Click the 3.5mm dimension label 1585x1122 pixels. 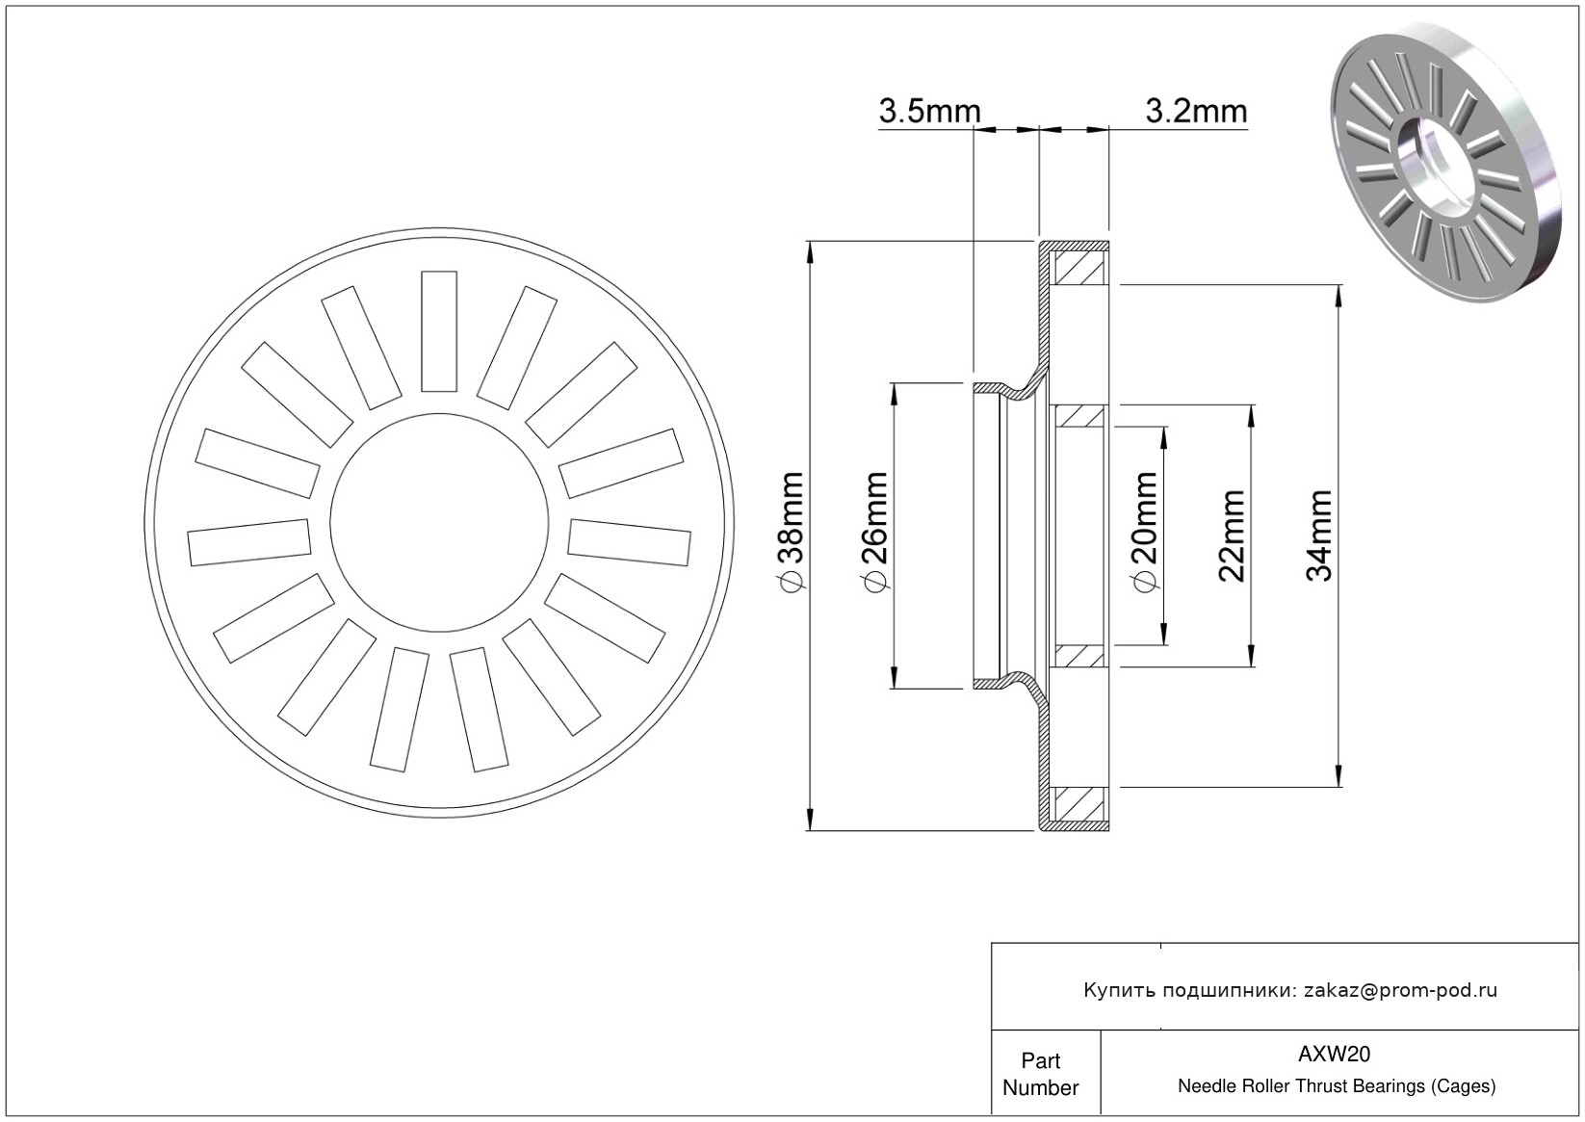[x=929, y=111]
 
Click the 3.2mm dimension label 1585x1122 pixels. [x=1196, y=111]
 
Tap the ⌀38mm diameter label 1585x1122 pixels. [x=792, y=531]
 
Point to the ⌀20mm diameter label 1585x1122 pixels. [x=1144, y=531]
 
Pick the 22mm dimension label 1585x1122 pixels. [x=1232, y=535]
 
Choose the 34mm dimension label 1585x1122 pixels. [x=1319, y=535]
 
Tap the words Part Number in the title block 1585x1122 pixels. [x=1040, y=1073]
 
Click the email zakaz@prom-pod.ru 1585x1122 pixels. [x=1400, y=990]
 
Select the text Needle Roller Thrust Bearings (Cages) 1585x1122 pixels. [x=1337, y=1086]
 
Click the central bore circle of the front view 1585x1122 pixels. [x=439, y=413]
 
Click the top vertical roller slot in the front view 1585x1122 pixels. [x=439, y=331]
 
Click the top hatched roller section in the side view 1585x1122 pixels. [x=1079, y=268]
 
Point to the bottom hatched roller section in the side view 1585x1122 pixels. [x=1079, y=804]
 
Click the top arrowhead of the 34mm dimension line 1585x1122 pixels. [x=1338, y=296]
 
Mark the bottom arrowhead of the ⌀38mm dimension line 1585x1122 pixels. [x=810, y=819]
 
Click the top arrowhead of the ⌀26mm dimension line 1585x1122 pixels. [x=894, y=395]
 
